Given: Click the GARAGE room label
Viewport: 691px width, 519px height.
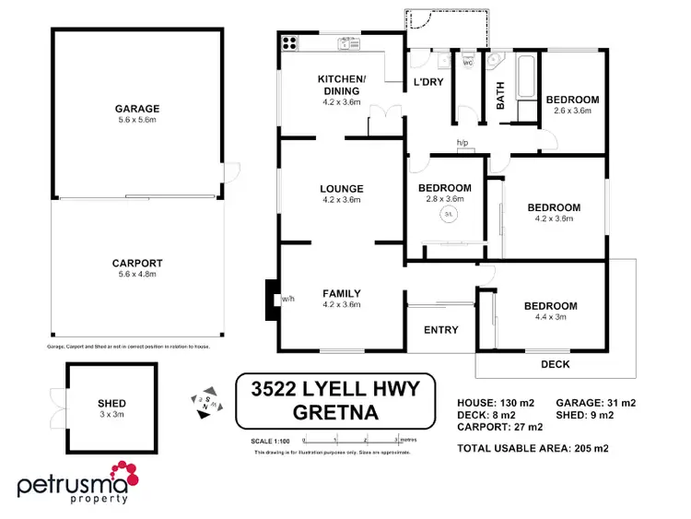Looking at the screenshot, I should [x=137, y=108].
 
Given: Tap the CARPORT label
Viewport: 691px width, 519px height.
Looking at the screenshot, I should [x=137, y=262].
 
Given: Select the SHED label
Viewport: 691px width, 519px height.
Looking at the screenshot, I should [x=111, y=404].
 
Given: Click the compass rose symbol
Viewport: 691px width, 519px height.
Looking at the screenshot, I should [x=205, y=400].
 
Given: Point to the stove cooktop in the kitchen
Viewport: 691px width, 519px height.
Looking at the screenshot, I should [x=290, y=41].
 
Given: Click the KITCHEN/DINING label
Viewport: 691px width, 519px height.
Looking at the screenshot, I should [x=341, y=85].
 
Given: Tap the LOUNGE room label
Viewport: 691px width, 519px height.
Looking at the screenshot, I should [x=341, y=189].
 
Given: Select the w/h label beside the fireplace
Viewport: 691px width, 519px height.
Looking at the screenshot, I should [x=287, y=299].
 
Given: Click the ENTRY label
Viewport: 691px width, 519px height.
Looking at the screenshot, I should [x=440, y=331].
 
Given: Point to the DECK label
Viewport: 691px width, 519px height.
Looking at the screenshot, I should [x=555, y=364].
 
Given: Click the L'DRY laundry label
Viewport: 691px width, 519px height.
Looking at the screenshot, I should [x=428, y=82].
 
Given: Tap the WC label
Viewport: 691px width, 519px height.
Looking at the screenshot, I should [x=467, y=63].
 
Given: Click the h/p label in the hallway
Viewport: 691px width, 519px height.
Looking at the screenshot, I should [x=463, y=143].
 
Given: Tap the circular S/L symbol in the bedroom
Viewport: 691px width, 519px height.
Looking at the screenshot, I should [x=449, y=214].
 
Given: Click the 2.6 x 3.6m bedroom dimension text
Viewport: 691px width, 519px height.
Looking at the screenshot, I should [x=572, y=111].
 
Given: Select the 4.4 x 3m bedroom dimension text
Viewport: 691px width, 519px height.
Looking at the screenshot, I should [x=550, y=317].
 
